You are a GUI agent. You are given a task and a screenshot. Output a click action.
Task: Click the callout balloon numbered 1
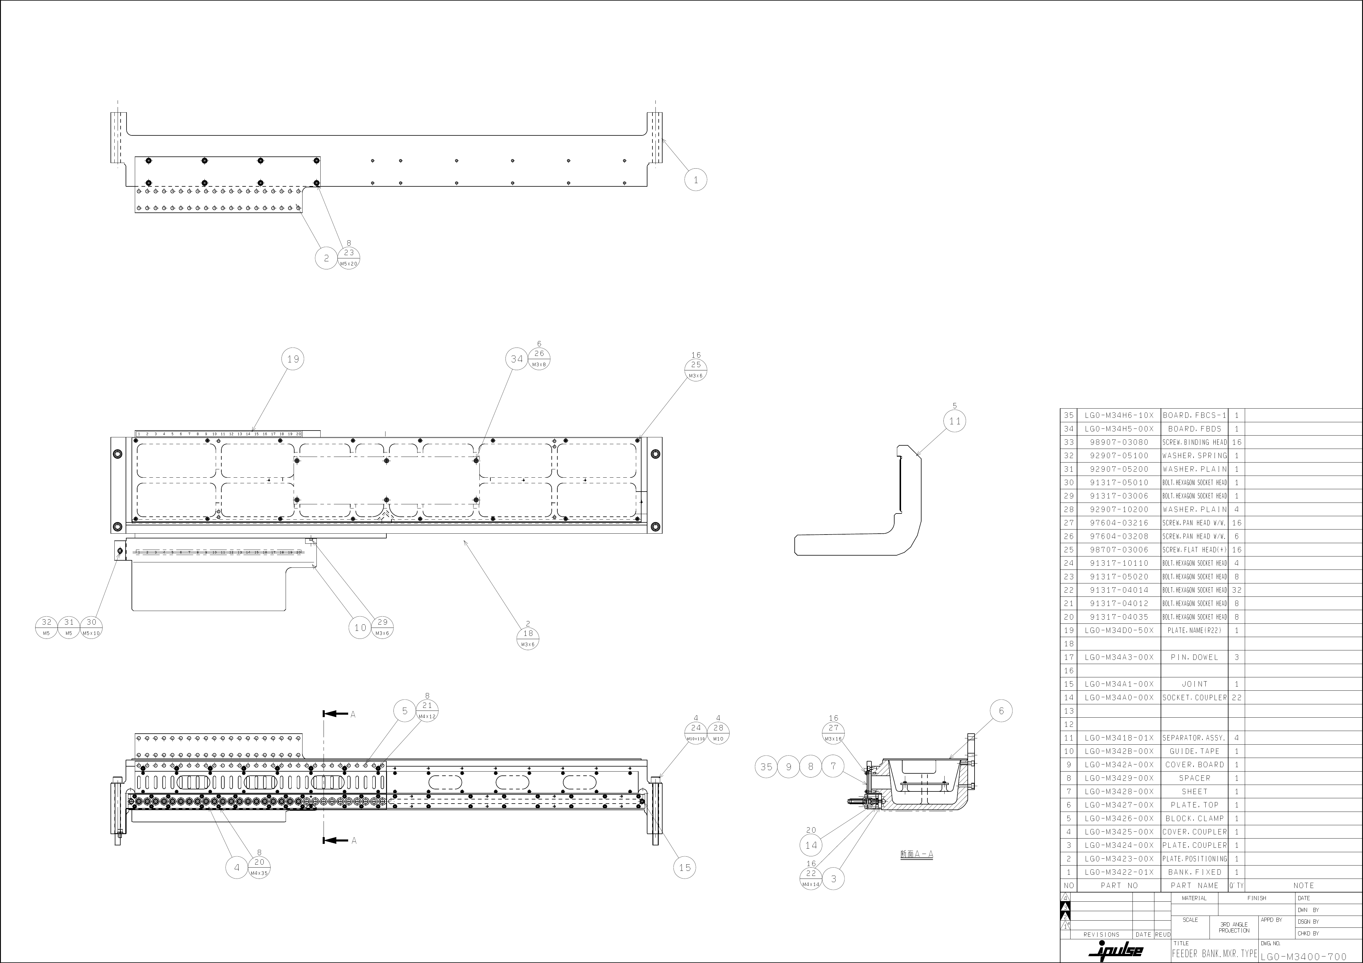click(696, 179)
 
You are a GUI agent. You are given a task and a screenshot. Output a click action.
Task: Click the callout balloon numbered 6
click(1001, 711)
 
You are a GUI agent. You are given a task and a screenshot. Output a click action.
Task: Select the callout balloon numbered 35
click(766, 767)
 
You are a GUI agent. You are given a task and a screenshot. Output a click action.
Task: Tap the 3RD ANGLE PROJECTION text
click(1234, 927)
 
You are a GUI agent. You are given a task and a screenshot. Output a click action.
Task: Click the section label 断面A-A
click(916, 854)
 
